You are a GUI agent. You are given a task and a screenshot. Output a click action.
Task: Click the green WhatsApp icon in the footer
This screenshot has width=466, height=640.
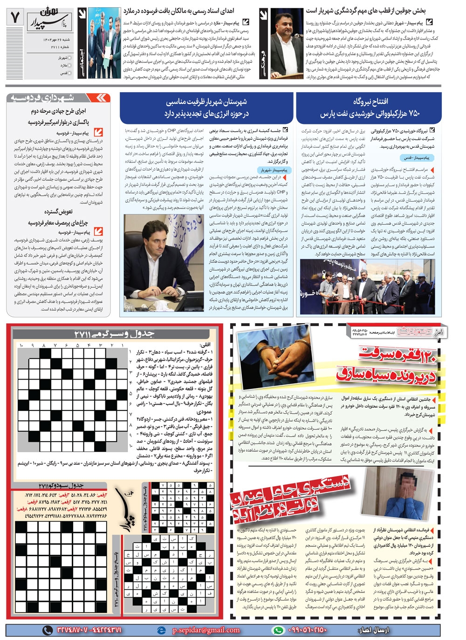click(x=278, y=630)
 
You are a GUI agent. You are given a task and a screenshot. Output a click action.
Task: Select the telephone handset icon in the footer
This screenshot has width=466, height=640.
click(x=47, y=630)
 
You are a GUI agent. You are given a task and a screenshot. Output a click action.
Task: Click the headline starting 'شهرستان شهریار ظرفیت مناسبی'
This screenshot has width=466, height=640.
click(x=206, y=102)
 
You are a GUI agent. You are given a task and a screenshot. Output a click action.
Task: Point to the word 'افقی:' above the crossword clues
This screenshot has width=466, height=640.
click(x=205, y=345)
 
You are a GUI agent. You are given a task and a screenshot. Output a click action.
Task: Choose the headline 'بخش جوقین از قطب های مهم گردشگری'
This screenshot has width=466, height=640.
click(x=372, y=10)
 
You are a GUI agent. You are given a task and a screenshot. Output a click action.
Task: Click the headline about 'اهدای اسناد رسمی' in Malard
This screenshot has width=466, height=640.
click(x=178, y=10)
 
